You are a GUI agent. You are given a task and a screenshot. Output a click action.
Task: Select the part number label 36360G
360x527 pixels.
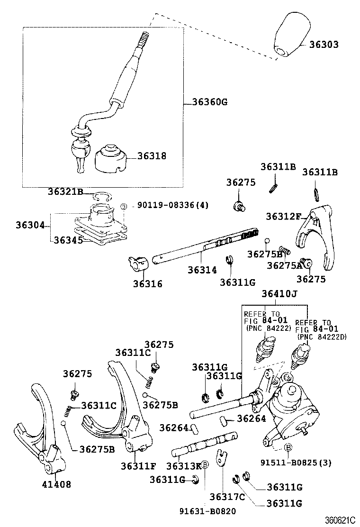click(x=210, y=101)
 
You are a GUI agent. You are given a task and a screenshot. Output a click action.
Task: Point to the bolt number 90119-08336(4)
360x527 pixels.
click(x=172, y=205)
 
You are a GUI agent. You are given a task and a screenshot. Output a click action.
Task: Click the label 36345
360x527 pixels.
click(x=68, y=240)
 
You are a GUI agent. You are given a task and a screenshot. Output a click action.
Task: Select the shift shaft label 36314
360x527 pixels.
click(x=202, y=270)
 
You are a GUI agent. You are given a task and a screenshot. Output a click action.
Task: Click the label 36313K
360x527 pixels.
click(x=184, y=465)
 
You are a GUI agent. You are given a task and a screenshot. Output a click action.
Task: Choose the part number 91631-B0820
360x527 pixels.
click(x=207, y=511)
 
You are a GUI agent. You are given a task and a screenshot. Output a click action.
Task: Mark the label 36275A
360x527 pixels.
click(x=284, y=265)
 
